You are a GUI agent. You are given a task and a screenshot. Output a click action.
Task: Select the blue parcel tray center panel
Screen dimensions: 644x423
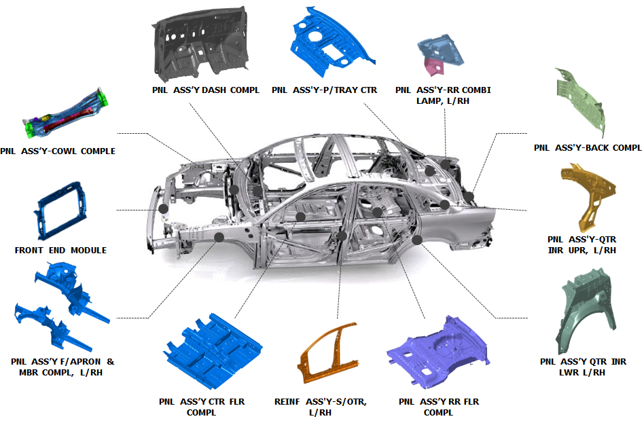point(329,41)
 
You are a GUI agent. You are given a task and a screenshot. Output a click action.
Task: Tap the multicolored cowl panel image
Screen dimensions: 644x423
point(66,114)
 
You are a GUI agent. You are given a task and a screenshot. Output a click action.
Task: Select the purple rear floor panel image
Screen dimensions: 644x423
point(437,353)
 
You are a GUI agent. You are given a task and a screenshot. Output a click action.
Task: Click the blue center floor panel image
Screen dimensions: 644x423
point(213,351)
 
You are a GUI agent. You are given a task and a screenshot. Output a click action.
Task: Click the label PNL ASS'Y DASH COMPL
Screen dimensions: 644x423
point(206,90)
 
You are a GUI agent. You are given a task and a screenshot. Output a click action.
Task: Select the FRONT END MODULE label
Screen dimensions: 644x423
point(60,250)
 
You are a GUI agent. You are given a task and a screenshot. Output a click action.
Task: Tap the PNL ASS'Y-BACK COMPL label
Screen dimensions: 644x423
point(588,147)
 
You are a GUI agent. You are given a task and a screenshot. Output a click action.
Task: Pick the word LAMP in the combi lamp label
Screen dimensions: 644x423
point(428,101)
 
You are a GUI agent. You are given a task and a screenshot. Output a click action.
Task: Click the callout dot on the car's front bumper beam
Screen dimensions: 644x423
point(164,208)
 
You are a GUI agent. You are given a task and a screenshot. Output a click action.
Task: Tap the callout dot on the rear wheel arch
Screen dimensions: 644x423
point(417,240)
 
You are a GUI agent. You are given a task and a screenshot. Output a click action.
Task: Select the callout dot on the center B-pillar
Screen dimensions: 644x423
point(342,236)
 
